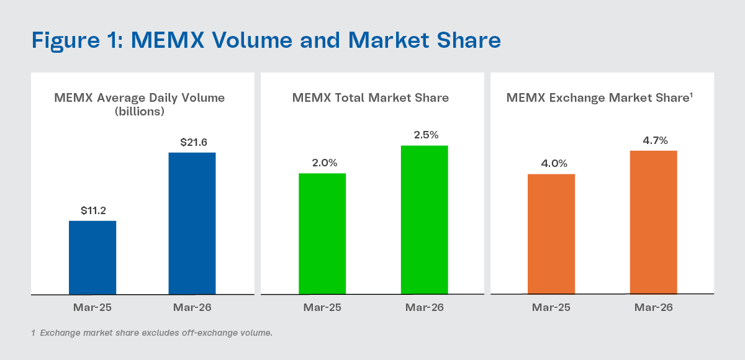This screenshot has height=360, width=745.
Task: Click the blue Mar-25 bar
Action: [x=93, y=257]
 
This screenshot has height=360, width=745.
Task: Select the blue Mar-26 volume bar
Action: [x=192, y=223]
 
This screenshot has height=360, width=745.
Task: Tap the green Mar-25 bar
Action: [x=322, y=233]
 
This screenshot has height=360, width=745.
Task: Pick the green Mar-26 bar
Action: [x=424, y=220]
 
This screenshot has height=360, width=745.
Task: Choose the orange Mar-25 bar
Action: [x=551, y=234]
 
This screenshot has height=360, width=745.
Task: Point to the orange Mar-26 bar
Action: [x=653, y=222]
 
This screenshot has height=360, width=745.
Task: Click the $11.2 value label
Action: [x=93, y=210]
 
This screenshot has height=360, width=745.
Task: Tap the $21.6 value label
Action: [x=193, y=142]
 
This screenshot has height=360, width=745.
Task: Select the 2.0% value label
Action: [x=324, y=163]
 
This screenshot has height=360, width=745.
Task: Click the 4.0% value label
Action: [x=551, y=164]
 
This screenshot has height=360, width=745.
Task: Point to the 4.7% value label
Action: [x=654, y=140]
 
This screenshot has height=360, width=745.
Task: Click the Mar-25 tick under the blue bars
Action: [x=93, y=307]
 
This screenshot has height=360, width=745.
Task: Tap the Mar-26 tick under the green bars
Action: [x=425, y=307]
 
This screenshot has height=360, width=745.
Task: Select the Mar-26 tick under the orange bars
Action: [x=654, y=307]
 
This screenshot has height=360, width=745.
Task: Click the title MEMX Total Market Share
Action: [x=371, y=98]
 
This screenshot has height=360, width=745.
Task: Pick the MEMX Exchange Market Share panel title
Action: [x=599, y=98]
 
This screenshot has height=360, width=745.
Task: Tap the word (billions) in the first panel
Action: [x=139, y=112]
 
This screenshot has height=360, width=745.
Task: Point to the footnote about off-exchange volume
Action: [x=152, y=333]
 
